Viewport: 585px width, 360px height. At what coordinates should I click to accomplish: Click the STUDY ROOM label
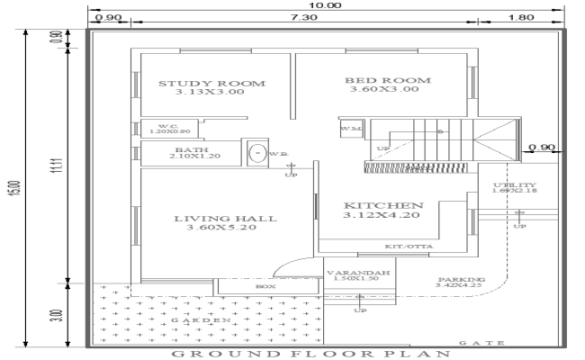click(212, 84)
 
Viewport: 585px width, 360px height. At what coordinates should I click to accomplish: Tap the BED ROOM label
click(388, 81)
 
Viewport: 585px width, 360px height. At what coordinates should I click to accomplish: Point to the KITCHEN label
click(383, 205)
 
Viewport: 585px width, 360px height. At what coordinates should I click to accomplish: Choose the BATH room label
click(188, 150)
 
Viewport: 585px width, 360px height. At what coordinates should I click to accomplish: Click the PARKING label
click(461, 280)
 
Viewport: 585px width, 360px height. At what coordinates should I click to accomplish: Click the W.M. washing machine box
click(349, 129)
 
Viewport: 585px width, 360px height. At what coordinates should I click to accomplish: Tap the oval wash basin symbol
click(257, 154)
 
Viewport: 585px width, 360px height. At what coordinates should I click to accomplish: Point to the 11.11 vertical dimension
click(56, 166)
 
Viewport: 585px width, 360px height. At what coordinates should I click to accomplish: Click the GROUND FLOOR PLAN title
click(310, 354)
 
